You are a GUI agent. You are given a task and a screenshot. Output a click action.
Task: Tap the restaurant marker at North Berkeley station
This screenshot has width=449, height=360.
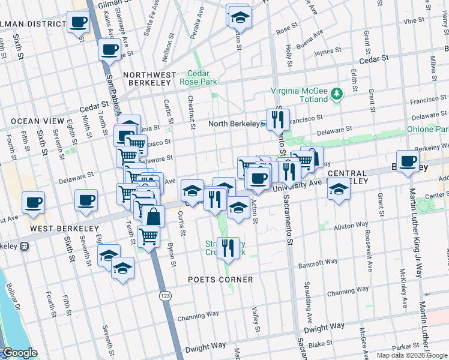[x=278, y=120]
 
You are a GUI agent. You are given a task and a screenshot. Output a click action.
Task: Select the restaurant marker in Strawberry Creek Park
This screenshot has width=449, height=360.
[x=228, y=248]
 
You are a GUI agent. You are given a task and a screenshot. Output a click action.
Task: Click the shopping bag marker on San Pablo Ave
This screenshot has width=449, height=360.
[x=153, y=217]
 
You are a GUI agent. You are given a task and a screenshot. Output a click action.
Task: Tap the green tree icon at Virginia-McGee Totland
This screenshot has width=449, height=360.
[x=337, y=94]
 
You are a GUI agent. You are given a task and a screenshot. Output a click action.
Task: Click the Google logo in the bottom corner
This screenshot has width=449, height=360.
[x=19, y=353]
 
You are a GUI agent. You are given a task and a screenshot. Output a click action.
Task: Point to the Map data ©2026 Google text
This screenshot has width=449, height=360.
[x=412, y=355]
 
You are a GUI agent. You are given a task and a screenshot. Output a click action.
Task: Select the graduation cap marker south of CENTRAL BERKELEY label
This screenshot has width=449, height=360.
[x=339, y=189]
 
